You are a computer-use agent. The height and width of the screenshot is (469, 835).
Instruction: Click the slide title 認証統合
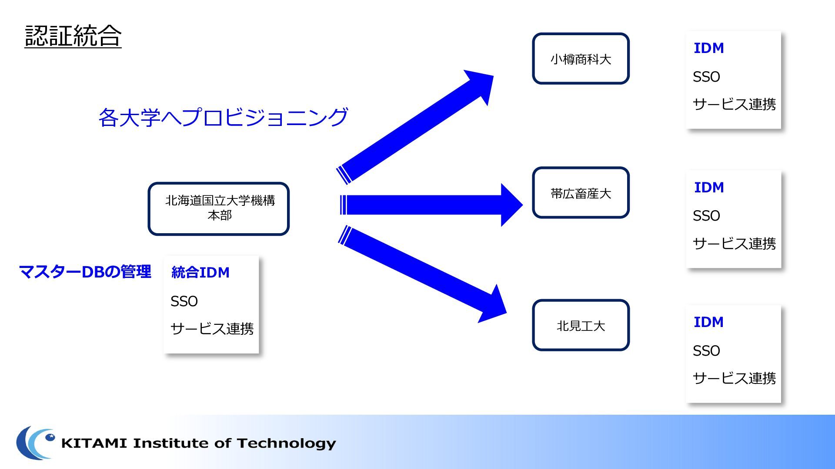(73, 36)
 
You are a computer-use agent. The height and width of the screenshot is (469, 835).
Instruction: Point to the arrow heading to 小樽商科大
(415, 126)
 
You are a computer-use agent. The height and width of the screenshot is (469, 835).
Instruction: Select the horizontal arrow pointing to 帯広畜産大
(431, 205)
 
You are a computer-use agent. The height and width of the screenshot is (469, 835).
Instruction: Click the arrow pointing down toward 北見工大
(422, 274)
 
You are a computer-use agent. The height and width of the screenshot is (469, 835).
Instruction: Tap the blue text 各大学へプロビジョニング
(223, 117)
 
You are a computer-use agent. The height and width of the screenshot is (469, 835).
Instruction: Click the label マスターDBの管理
(85, 272)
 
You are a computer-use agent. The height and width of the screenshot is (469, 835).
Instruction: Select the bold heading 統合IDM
(200, 272)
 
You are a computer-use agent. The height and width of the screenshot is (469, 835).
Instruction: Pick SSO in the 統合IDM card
(184, 301)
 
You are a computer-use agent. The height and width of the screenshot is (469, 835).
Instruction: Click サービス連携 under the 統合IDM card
(212, 329)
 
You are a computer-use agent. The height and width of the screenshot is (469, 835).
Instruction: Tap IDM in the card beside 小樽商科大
(709, 48)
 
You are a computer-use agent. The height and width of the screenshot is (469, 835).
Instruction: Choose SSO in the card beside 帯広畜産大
(706, 216)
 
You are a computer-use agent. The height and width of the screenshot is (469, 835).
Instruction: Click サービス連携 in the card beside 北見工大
(734, 378)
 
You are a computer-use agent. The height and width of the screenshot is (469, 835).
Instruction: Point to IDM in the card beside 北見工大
(709, 322)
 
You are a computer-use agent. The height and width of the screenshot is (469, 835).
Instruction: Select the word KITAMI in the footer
(94, 443)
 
